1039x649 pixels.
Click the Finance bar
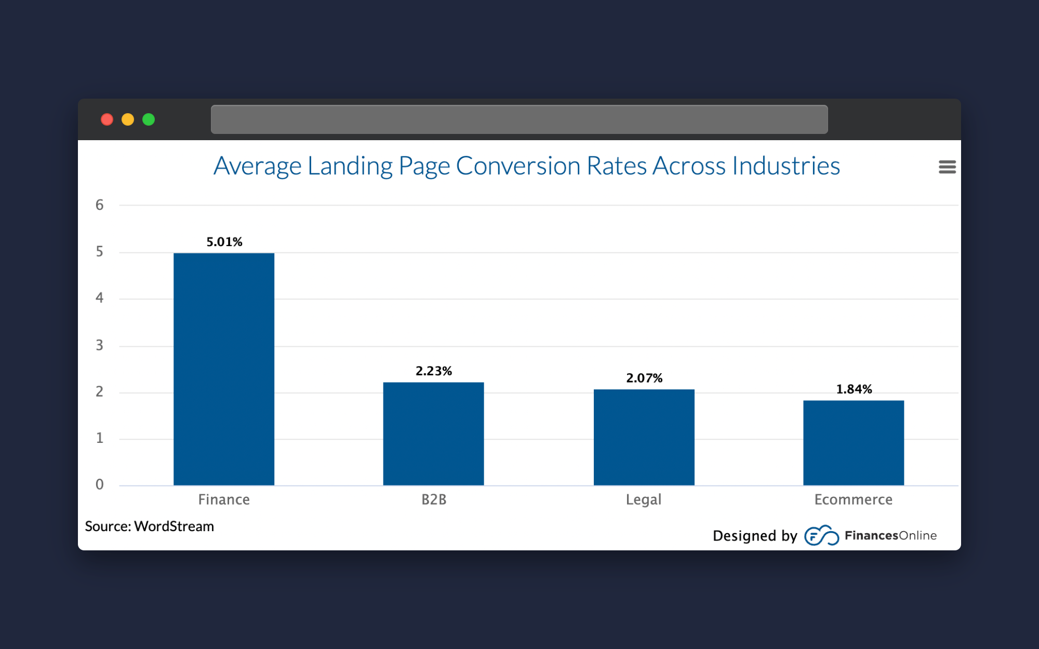coord(224,369)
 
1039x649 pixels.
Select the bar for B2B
coord(433,434)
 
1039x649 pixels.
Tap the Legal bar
coord(644,437)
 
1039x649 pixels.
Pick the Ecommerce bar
coord(854,442)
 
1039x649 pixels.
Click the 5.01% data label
coord(224,242)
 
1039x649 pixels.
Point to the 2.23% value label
coord(434,371)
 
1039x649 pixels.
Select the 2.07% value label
coord(644,378)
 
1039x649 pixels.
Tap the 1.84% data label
coord(854,389)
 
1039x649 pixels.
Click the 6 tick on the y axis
coord(99,205)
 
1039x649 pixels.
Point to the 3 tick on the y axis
coord(99,345)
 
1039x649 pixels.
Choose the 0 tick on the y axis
coord(99,485)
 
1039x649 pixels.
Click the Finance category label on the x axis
coord(224,499)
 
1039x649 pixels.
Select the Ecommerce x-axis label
coord(854,499)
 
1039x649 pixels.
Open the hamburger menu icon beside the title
coord(947,167)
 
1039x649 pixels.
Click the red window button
coord(107,119)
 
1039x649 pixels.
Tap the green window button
coord(149,119)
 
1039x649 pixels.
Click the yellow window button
coord(128,119)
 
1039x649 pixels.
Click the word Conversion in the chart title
coord(518,166)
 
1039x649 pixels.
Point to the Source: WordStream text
coord(150,526)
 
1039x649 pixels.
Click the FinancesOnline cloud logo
coord(821,536)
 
